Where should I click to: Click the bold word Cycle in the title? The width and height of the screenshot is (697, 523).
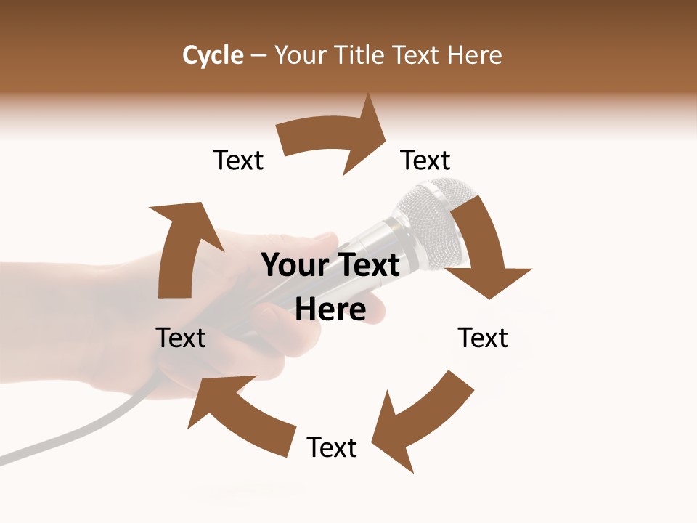click(213, 55)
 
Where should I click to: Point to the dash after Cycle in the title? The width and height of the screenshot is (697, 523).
click(258, 56)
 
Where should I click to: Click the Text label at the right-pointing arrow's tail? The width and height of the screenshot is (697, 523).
click(238, 160)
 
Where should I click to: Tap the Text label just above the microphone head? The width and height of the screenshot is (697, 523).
click(425, 160)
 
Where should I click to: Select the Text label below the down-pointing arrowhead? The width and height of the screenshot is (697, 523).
click(483, 338)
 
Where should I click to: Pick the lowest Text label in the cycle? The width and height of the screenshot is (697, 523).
click(332, 447)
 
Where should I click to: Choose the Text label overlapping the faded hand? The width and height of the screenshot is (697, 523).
click(181, 338)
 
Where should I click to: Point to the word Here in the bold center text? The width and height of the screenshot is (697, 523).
click(330, 310)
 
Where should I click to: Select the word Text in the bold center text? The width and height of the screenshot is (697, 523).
click(367, 265)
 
